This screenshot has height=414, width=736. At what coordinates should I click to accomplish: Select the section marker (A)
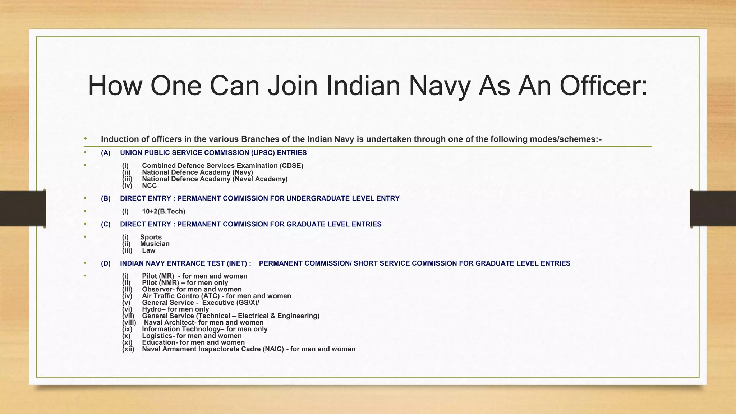coord(106,153)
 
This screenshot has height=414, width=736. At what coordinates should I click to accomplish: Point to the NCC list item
coord(149,185)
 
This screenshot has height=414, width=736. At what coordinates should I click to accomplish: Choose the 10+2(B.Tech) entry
coord(164,211)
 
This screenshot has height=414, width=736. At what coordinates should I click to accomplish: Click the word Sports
coord(151,237)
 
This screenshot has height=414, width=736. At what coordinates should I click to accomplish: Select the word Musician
coord(155,244)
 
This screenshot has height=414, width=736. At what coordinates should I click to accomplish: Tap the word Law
coord(148,250)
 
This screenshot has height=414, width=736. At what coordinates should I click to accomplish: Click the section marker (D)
coord(106,263)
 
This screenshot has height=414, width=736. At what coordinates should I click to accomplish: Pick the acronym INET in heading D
coord(237,263)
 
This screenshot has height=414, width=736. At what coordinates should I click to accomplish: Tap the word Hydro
coord(152,309)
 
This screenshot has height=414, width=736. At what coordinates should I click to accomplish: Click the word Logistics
coord(157,336)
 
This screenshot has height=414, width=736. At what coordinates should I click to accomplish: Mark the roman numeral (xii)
coord(128,349)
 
